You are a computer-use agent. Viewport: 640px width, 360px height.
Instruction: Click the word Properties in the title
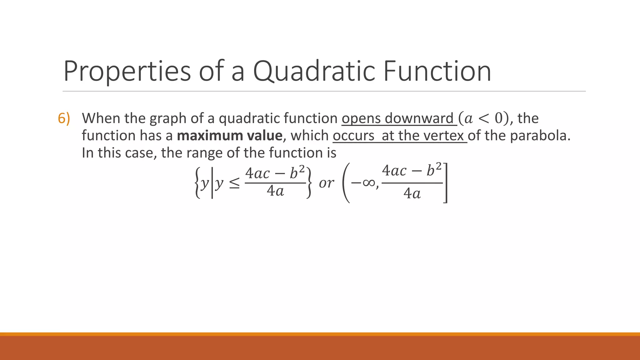click(127, 71)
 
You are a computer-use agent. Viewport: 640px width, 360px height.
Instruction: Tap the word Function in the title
click(437, 71)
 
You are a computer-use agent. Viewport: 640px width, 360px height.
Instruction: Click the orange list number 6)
click(64, 119)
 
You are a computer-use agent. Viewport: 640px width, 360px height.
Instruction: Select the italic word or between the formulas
click(326, 183)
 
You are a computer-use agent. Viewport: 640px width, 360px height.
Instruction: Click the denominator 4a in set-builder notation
click(275, 191)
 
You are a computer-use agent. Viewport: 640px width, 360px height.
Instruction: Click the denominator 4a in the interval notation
click(412, 194)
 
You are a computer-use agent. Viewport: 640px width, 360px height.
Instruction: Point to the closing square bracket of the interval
click(446, 183)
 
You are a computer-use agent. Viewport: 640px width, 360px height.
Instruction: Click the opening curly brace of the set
click(197, 183)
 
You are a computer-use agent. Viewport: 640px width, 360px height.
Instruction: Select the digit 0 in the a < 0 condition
click(499, 118)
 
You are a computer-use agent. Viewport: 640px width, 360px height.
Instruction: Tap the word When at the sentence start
click(101, 118)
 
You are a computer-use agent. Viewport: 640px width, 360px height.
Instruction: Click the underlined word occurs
click(353, 136)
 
